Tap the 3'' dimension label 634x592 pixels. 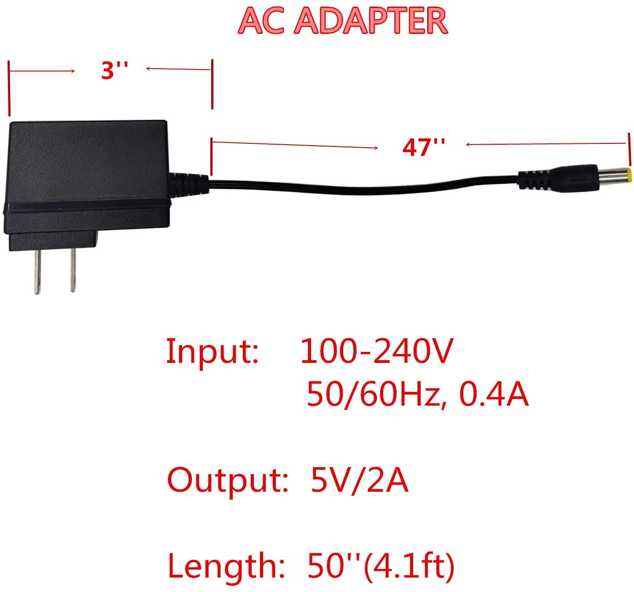click(114, 70)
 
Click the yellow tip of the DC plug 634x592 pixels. click(630, 175)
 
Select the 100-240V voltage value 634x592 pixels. click(376, 351)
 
